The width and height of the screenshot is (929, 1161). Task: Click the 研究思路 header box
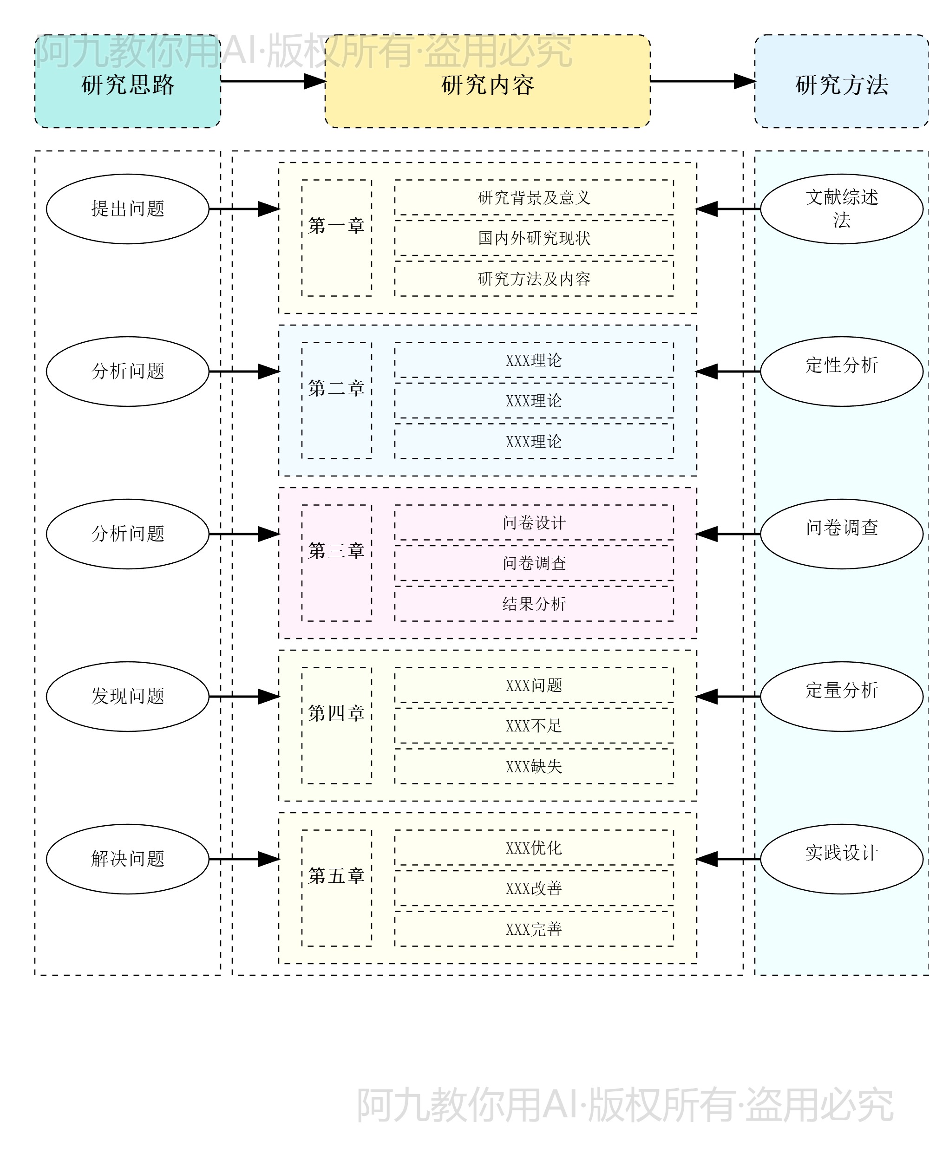[128, 82]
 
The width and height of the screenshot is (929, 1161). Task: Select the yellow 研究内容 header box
[487, 82]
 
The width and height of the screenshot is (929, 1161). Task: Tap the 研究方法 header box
[841, 82]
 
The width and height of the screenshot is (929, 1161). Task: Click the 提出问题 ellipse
[128, 209]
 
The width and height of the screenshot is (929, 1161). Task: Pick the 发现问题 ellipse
[128, 696]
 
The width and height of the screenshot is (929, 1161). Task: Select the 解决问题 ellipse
[128, 859]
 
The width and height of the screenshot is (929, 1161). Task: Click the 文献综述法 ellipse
[841, 209]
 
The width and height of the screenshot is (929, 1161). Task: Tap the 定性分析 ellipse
[841, 372]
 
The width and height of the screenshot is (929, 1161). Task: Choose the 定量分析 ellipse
[841, 696]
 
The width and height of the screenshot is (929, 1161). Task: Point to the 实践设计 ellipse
[841, 859]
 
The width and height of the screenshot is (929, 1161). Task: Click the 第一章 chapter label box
[337, 238]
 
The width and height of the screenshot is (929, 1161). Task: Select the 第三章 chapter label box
[337, 563]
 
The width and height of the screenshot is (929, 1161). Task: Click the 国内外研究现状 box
[534, 238]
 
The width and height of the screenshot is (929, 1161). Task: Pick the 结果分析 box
[534, 604]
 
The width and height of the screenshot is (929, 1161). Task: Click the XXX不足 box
[534, 725]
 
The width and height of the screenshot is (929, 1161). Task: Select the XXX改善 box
[534, 888]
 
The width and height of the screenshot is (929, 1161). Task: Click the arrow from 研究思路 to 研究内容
[272, 81]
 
